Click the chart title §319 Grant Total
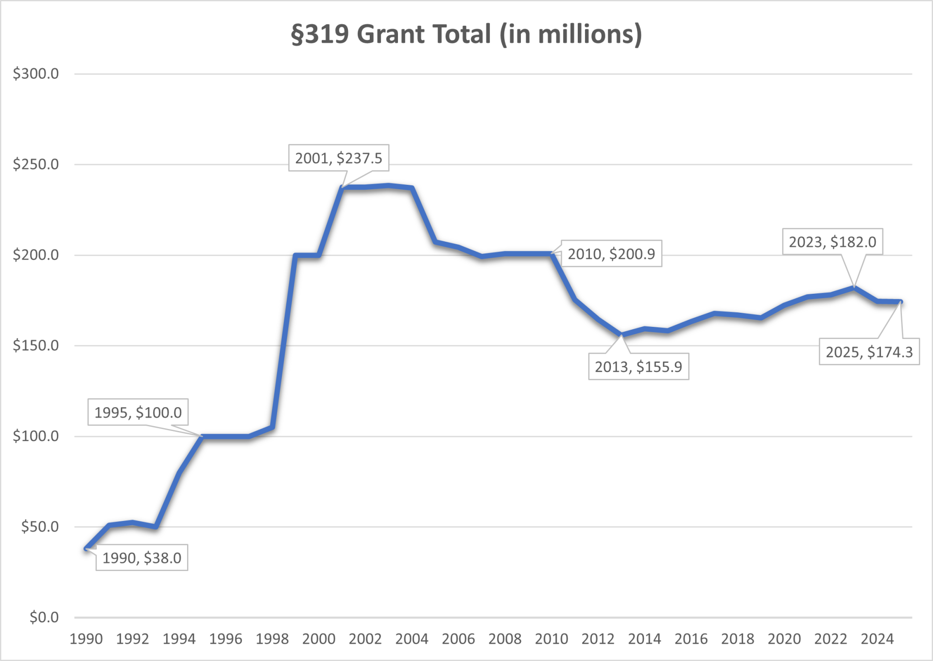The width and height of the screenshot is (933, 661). point(466,34)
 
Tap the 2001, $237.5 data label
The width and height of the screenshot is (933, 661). point(339,158)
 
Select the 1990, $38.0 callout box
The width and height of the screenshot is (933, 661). point(141,557)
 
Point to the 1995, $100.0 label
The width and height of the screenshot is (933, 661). point(138,412)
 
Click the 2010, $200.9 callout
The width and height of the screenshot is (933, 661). point(611,254)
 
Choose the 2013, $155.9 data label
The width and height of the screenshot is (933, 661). point(639,367)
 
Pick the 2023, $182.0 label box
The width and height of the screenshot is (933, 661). point(832,242)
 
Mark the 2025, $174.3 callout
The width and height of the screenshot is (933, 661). point(869,352)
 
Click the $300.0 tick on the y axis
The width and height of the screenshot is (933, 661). point(35,74)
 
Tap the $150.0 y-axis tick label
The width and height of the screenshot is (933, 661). point(35,345)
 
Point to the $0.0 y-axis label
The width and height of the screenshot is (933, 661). point(44,617)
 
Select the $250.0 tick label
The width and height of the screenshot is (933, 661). point(35,164)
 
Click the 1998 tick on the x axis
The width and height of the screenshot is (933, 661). point(272,639)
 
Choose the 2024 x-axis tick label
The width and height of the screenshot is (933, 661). point(877,639)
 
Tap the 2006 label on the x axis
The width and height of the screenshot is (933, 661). point(458,639)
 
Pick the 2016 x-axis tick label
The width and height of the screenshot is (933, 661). point(691,639)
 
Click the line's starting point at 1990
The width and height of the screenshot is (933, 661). point(86,549)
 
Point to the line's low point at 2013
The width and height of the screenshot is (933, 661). point(621,335)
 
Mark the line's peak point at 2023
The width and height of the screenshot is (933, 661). point(854,288)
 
